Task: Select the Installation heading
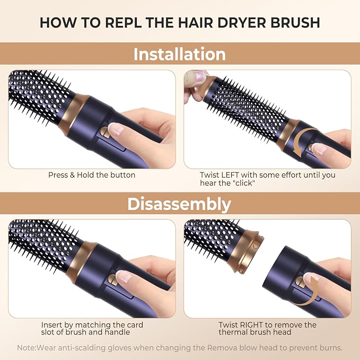[180, 54]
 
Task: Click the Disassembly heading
[179, 204]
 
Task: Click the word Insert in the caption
[51, 325]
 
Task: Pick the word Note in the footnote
[25, 348]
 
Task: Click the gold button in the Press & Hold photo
[104, 133]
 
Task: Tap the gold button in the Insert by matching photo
[112, 280]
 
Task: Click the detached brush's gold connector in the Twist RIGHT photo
[246, 252]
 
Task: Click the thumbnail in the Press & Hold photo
[116, 129]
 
